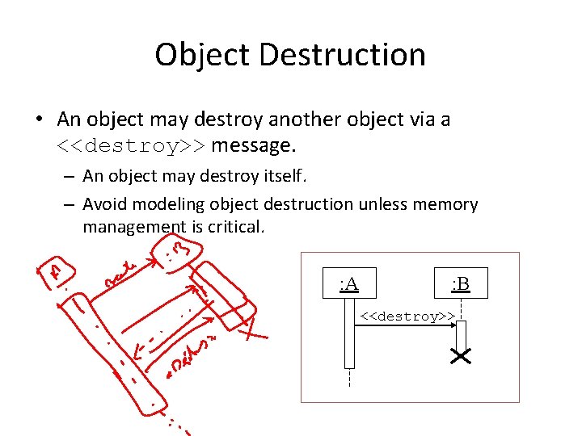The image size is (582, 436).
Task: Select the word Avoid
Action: point(107,204)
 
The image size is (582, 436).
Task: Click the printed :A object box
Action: point(349,283)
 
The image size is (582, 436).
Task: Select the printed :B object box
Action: point(461,283)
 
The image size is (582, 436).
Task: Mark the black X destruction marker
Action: point(462,356)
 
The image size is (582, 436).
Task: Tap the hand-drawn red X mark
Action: point(255,328)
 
